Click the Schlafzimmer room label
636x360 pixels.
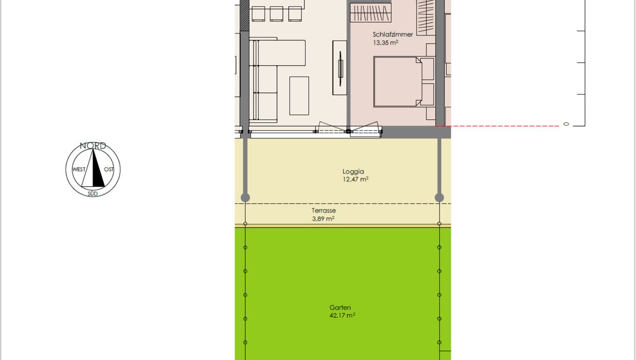coord(393,34)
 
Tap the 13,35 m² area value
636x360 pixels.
coord(385,43)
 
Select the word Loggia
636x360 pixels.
coord(353,172)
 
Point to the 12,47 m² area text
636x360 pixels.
coord(356,179)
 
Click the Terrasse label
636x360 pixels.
coord(324,210)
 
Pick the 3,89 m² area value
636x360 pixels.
coord(323,219)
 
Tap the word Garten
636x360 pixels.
coord(340,308)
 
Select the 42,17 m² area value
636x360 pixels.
coord(342,315)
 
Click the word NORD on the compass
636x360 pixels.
coord(93,146)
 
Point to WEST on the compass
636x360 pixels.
coord(79,169)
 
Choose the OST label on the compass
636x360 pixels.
coord(109,169)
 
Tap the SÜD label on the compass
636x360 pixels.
coord(93,194)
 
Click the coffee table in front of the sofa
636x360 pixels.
coord(299,96)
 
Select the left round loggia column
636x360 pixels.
coord(245,197)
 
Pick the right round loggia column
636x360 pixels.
coord(439,197)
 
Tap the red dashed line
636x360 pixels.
coord(497,126)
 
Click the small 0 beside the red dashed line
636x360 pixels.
coord(566,124)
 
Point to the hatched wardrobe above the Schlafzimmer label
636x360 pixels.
coord(370,13)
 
